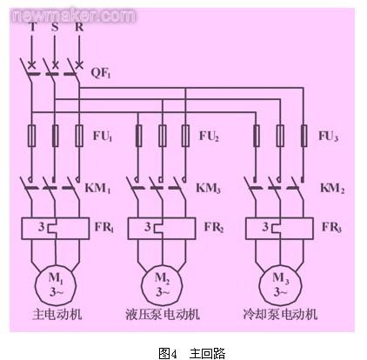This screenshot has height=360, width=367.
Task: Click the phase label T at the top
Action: click(32, 27)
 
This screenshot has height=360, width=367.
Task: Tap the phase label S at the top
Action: click(55, 27)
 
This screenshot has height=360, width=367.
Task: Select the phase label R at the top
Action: click(79, 27)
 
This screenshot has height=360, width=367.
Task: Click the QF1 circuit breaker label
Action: click(101, 72)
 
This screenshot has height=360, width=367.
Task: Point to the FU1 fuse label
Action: click(103, 136)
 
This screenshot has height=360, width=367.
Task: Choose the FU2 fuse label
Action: click(209, 136)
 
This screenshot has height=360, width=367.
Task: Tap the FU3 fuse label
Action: click(328, 136)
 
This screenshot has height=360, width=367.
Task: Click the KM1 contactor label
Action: click(97, 188)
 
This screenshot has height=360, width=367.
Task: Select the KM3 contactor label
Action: click(208, 188)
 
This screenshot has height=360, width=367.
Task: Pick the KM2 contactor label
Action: click(332, 188)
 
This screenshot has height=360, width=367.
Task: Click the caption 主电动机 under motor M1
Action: click(57, 314)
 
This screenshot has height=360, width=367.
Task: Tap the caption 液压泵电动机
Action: click(163, 314)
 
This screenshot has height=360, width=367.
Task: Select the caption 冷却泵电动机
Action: click(280, 314)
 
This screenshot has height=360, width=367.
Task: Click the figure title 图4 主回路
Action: click(192, 353)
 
